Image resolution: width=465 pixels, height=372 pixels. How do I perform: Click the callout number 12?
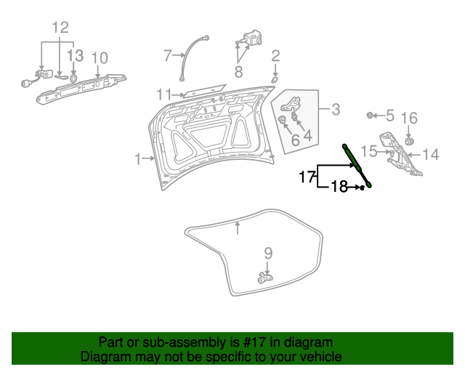click(x=60, y=28)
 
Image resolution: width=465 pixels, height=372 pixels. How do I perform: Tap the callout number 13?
click(x=76, y=56)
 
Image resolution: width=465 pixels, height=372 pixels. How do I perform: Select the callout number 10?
click(x=100, y=58)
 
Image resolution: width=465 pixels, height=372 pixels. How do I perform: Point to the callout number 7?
click(x=168, y=54)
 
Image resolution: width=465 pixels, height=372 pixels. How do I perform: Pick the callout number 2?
click(x=275, y=56)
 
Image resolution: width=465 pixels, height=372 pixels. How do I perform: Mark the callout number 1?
click(x=139, y=158)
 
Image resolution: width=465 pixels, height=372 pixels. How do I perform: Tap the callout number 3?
click(x=336, y=110)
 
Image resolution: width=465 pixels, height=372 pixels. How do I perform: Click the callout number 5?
click(x=389, y=116)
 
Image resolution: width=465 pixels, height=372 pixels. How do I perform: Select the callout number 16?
click(x=409, y=118)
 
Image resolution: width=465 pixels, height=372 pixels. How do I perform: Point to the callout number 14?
click(x=431, y=154)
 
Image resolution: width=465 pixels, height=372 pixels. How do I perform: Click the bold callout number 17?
click(x=307, y=176)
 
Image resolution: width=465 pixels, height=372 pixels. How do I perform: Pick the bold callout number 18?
click(x=339, y=187)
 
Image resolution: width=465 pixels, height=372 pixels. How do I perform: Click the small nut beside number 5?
click(x=370, y=116)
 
